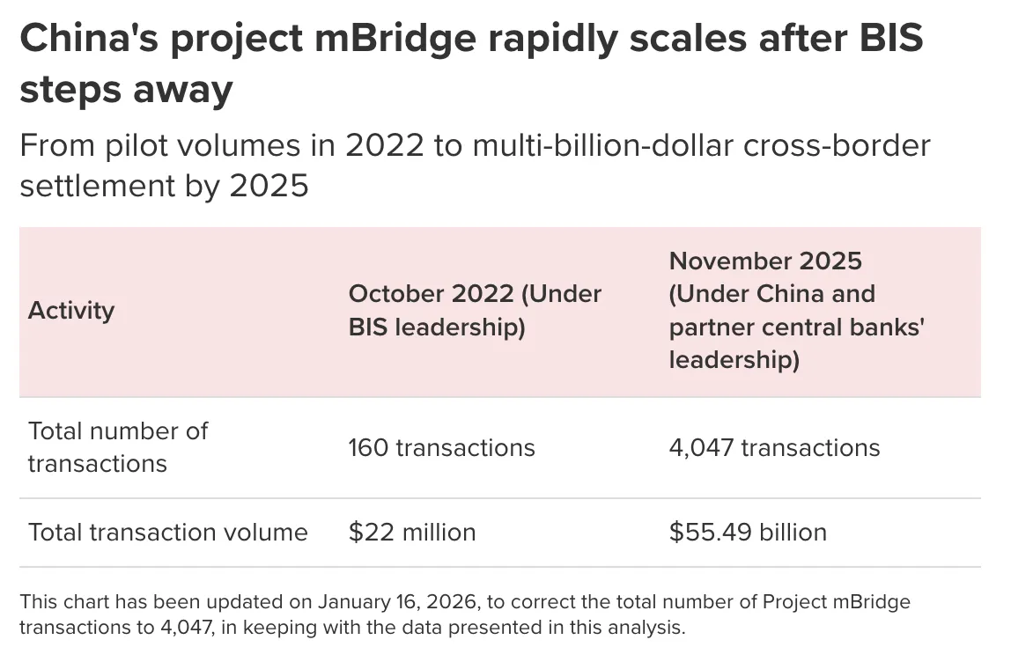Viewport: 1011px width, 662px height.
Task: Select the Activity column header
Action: tap(71, 311)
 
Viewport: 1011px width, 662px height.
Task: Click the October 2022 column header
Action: tap(475, 310)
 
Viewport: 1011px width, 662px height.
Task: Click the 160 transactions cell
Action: tap(441, 447)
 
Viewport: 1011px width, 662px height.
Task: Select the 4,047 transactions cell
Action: tap(774, 447)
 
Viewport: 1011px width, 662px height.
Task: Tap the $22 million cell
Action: tap(411, 532)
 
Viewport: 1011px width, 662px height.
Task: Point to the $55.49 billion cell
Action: tap(748, 532)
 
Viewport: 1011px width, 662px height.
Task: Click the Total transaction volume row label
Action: tap(167, 532)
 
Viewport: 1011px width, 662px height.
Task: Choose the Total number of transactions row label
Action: tap(117, 447)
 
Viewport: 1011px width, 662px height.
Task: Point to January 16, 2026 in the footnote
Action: tap(388, 602)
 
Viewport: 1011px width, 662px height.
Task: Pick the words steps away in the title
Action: tap(126, 89)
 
